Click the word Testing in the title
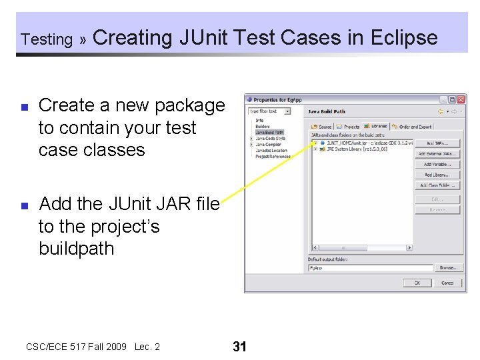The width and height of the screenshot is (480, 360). click(x=47, y=39)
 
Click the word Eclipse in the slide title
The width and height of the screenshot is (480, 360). click(x=403, y=38)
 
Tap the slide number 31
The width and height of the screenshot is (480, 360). click(x=239, y=346)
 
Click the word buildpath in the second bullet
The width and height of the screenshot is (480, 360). click(x=76, y=249)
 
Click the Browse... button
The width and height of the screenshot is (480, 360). click(x=447, y=268)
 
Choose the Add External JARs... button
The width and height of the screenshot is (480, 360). click(x=437, y=153)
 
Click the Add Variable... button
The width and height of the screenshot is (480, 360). click(x=437, y=164)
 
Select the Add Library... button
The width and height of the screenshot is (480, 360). click(x=437, y=175)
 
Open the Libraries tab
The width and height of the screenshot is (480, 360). click(x=377, y=126)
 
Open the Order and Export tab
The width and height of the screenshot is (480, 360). click(x=413, y=126)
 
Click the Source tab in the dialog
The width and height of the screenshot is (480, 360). click(x=322, y=126)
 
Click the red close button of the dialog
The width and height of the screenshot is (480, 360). click(x=461, y=100)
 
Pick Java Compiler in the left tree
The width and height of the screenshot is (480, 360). click(x=269, y=144)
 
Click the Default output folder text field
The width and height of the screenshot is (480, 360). click(x=370, y=268)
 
